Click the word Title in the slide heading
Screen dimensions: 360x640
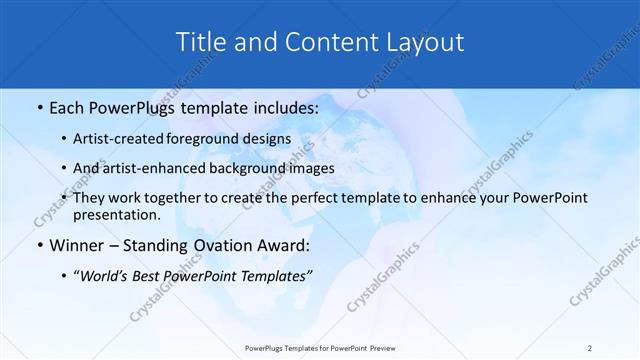(200, 42)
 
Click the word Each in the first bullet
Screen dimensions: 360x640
(68, 107)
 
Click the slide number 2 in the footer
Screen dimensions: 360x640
(590, 347)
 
